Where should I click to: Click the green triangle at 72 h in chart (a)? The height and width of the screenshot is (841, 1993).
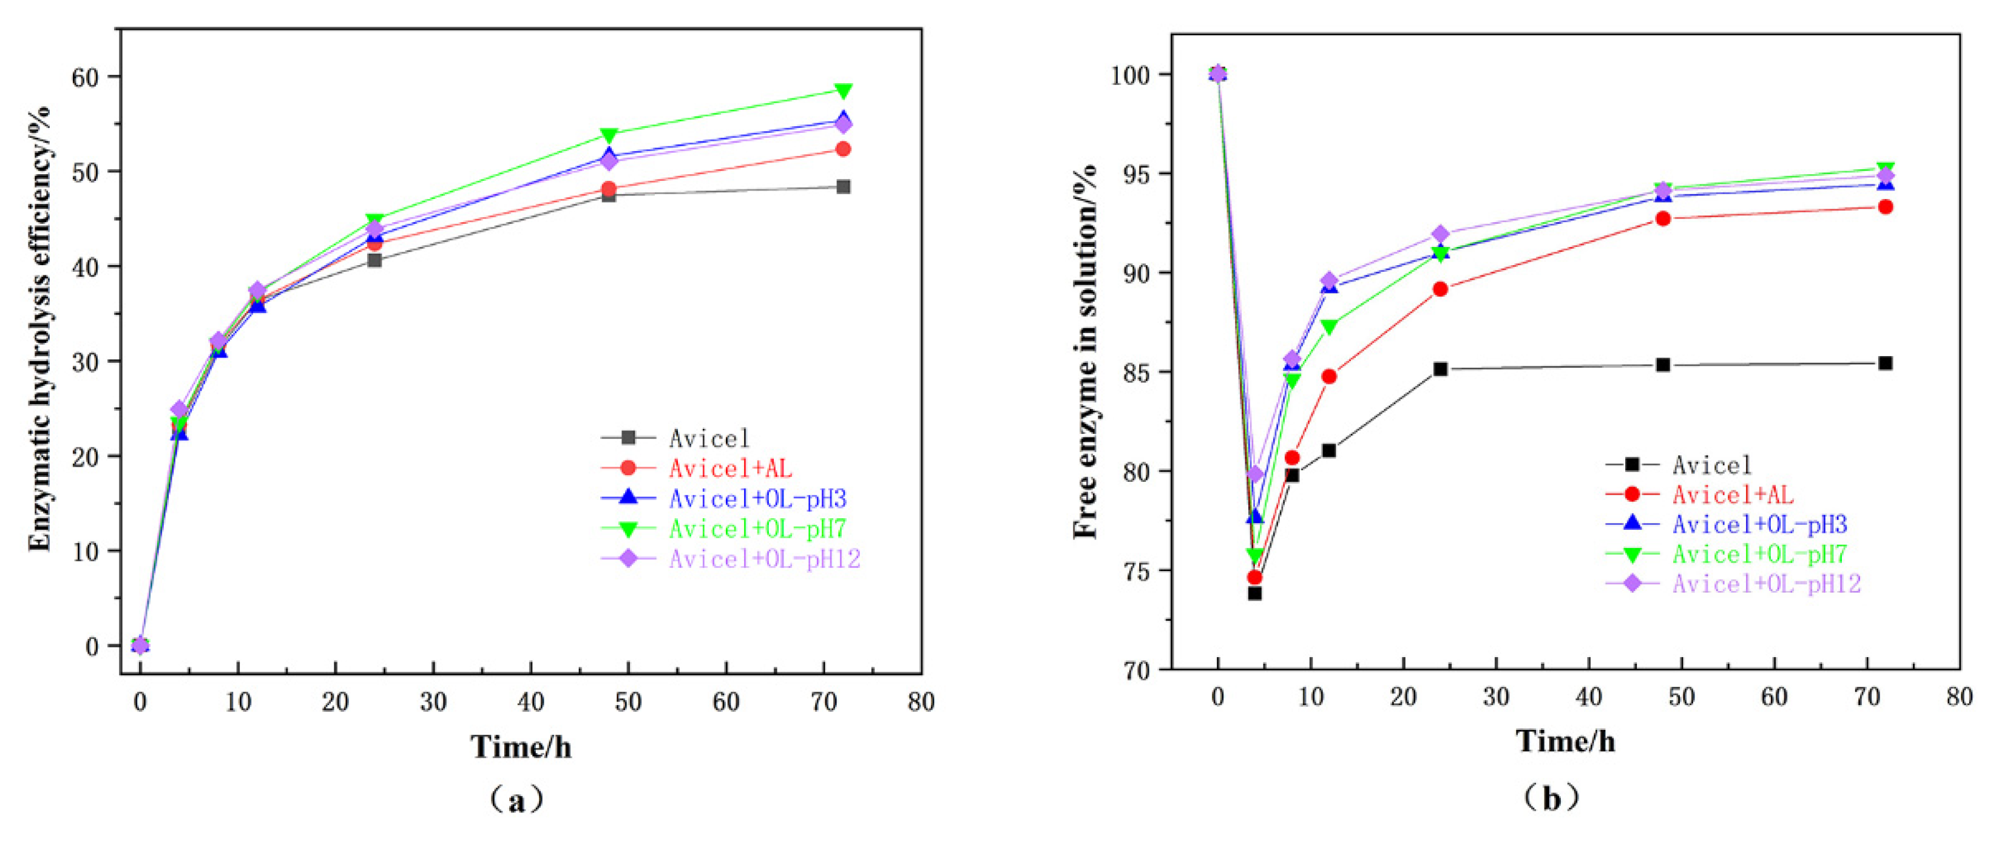point(844,91)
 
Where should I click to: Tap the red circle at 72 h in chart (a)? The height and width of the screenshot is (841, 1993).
point(844,149)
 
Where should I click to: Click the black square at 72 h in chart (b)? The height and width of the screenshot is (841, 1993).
point(1886,363)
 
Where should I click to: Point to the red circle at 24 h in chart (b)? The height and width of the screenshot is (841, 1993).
point(1440,289)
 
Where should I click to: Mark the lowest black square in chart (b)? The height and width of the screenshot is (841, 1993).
point(1255,593)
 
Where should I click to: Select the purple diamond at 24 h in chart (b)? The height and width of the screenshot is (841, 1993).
point(1440,234)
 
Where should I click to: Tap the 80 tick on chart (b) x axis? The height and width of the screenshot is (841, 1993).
point(1958,697)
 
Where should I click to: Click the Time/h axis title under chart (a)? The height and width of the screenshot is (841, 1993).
point(521,746)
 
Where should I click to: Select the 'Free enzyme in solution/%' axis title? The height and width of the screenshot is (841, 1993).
point(1086,352)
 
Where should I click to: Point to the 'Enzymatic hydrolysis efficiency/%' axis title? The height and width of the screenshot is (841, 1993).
point(39,329)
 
